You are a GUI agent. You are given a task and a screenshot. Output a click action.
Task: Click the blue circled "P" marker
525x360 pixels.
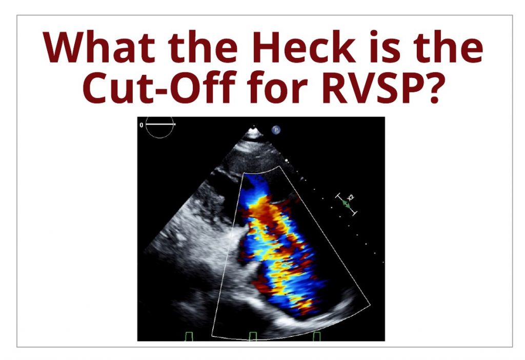click(276, 130)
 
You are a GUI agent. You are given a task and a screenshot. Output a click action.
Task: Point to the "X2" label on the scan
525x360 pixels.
click(351, 198)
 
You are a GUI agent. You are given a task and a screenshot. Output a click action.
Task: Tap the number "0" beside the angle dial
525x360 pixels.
click(142, 125)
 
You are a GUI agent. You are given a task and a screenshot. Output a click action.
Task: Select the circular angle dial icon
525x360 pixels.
click(160, 126)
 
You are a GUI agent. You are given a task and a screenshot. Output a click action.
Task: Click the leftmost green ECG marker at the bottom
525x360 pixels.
click(190, 336)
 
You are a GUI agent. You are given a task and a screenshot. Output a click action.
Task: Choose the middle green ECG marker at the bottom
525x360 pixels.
click(253, 336)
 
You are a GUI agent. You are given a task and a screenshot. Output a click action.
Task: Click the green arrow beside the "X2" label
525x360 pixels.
click(347, 203)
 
